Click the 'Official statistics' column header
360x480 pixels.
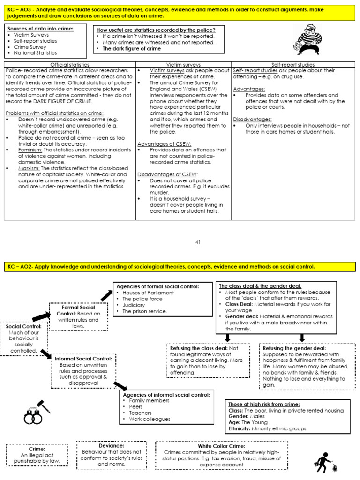coord(70,64)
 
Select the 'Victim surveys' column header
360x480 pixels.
coord(183,64)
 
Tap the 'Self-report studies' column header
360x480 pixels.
coord(293,64)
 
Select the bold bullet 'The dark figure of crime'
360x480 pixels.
coord(131,48)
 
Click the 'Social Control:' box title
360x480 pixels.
coord(23,326)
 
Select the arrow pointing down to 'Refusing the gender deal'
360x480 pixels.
coord(301,337)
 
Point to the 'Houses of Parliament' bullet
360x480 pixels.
coord(148,292)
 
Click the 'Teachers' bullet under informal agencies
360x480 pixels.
coord(140,413)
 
